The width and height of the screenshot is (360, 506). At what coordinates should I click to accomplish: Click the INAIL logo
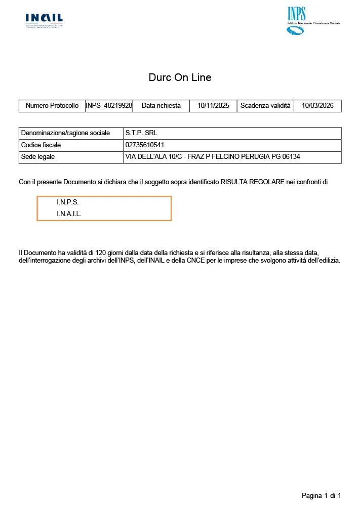click(44, 20)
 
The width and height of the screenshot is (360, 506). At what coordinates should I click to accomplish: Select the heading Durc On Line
click(180, 77)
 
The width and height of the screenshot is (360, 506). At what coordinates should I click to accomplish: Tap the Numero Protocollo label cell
click(52, 106)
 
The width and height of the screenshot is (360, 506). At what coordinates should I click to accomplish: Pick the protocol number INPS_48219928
click(109, 106)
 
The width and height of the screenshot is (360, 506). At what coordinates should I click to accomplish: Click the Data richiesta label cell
click(161, 106)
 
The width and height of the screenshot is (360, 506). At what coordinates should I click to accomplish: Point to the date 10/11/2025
click(213, 106)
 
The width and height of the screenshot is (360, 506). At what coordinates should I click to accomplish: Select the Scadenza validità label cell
click(265, 106)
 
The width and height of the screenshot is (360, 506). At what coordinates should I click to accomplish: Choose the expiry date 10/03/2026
click(317, 106)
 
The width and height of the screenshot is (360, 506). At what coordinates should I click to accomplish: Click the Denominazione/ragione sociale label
click(65, 133)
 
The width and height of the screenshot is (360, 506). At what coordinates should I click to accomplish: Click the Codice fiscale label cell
click(41, 145)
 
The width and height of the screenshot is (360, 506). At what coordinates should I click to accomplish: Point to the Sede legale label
click(38, 157)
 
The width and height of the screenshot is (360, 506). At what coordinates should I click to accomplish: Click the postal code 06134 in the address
click(291, 157)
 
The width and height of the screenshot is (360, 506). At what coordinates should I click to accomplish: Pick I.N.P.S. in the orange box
click(68, 202)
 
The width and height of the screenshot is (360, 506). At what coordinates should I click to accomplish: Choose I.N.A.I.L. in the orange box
click(69, 214)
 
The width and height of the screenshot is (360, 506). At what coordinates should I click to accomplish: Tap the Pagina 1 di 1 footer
click(321, 495)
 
